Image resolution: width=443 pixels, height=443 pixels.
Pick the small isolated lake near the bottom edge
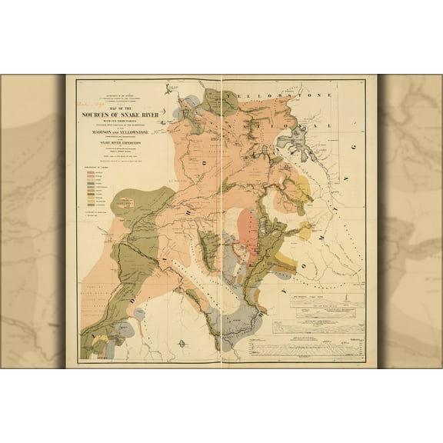coord(180,343)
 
